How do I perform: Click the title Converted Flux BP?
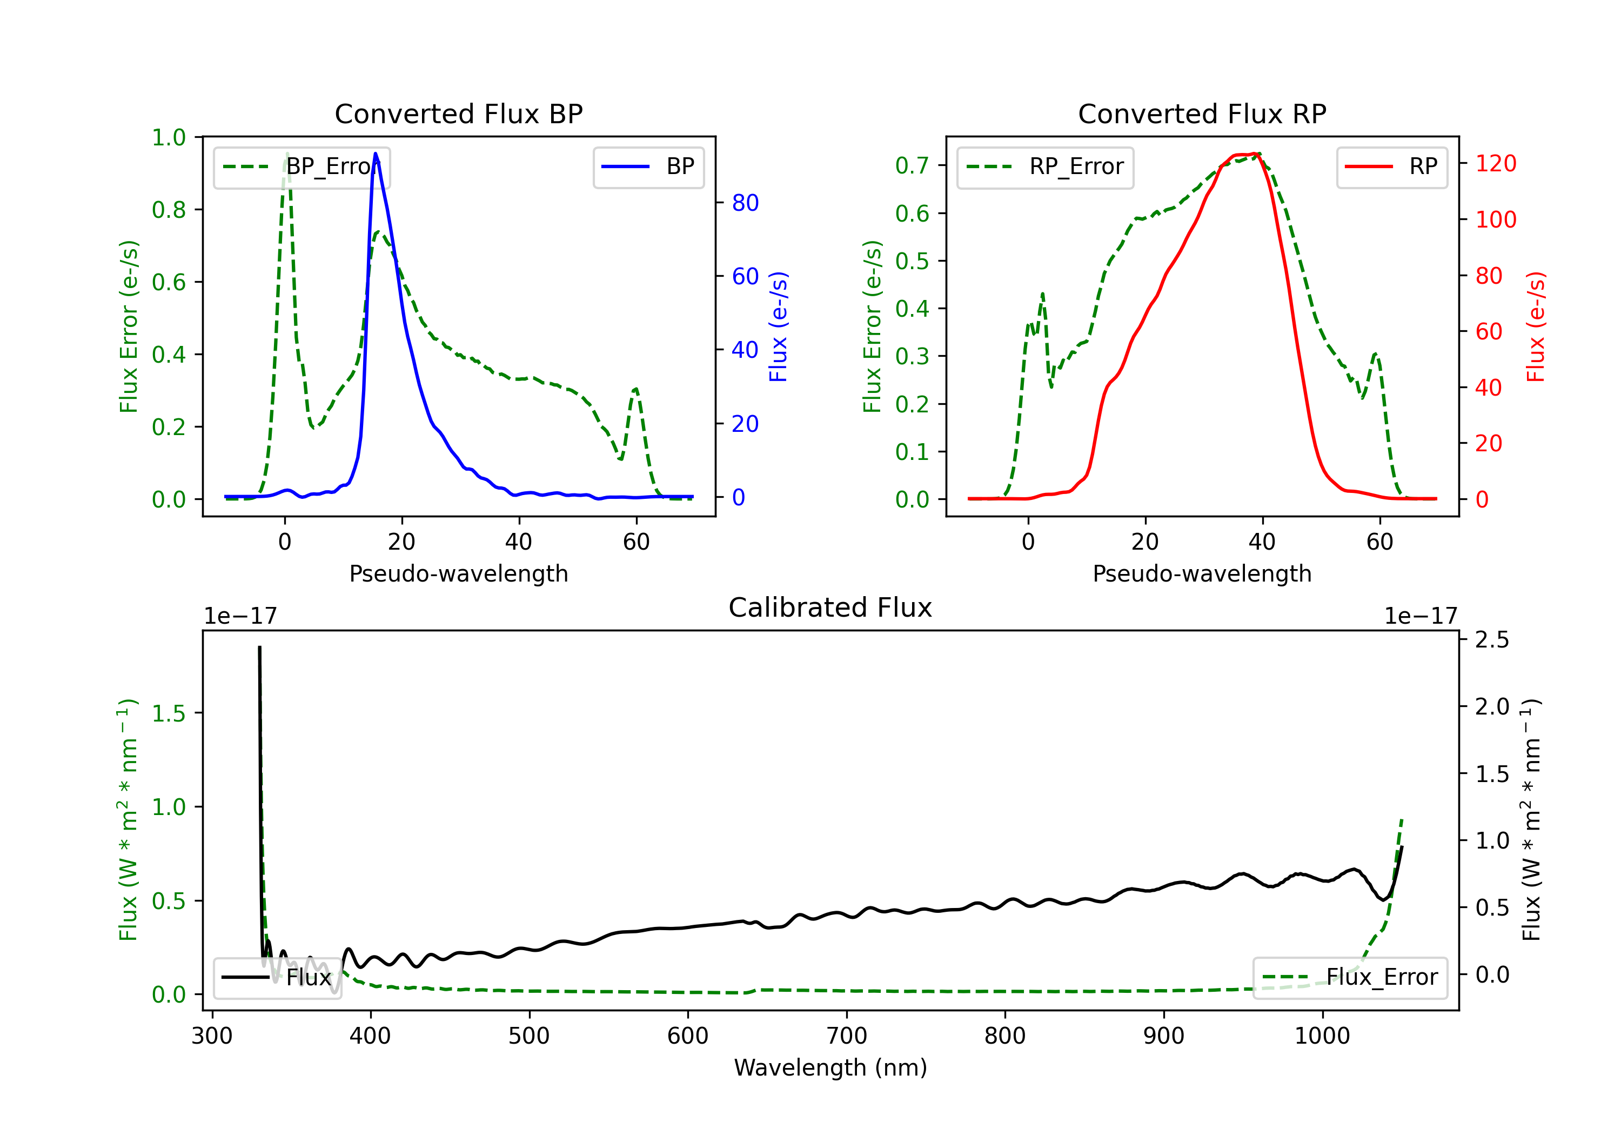click(x=458, y=113)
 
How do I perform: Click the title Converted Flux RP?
click(x=1202, y=113)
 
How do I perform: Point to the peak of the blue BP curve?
click(x=376, y=153)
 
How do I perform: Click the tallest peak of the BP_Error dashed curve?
click(x=286, y=153)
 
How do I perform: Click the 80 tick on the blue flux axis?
click(x=745, y=203)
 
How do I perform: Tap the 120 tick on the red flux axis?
click(x=1495, y=164)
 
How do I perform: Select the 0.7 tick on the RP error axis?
click(x=912, y=165)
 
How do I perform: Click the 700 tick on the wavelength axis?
click(x=847, y=1036)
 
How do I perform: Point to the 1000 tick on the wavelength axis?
click(x=1322, y=1036)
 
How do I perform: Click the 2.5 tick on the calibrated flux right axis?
click(x=1492, y=640)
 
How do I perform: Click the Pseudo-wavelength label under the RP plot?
click(x=1202, y=573)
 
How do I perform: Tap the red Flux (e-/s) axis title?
click(x=1536, y=326)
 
